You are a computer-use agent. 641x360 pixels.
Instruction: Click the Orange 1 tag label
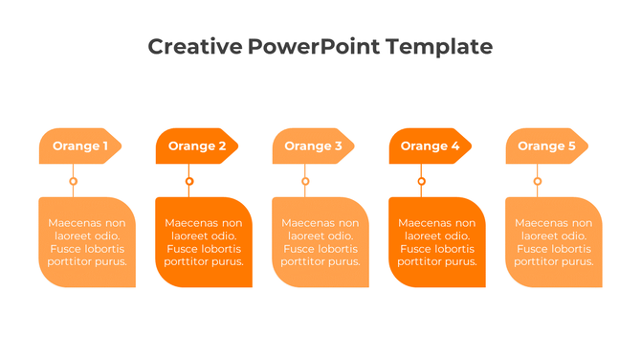coord(80,146)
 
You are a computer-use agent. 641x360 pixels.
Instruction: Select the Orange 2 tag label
coord(196,146)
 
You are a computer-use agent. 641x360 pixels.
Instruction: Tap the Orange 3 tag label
coord(313,146)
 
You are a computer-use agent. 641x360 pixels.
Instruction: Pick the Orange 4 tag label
coord(430,146)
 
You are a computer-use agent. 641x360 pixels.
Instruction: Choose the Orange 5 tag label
coord(546,146)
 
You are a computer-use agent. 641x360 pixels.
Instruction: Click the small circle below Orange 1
coord(73,181)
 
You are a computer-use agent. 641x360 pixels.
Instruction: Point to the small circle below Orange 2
coord(189,181)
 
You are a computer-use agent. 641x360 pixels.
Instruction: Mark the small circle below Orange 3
coord(305,181)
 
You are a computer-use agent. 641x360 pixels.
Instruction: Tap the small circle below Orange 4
coord(422,181)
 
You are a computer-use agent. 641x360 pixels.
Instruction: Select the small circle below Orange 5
coord(538,181)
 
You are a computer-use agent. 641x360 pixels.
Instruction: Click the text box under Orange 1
coord(87,242)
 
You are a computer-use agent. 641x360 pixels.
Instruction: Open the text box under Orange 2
coord(204,242)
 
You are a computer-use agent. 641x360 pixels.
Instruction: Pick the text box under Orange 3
coord(320,242)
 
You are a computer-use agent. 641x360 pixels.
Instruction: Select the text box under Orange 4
coord(437,242)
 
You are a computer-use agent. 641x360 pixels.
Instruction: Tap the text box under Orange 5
coord(554,242)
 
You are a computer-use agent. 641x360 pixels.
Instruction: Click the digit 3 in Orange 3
coord(338,146)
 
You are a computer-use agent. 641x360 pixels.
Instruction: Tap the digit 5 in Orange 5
coord(572,146)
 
